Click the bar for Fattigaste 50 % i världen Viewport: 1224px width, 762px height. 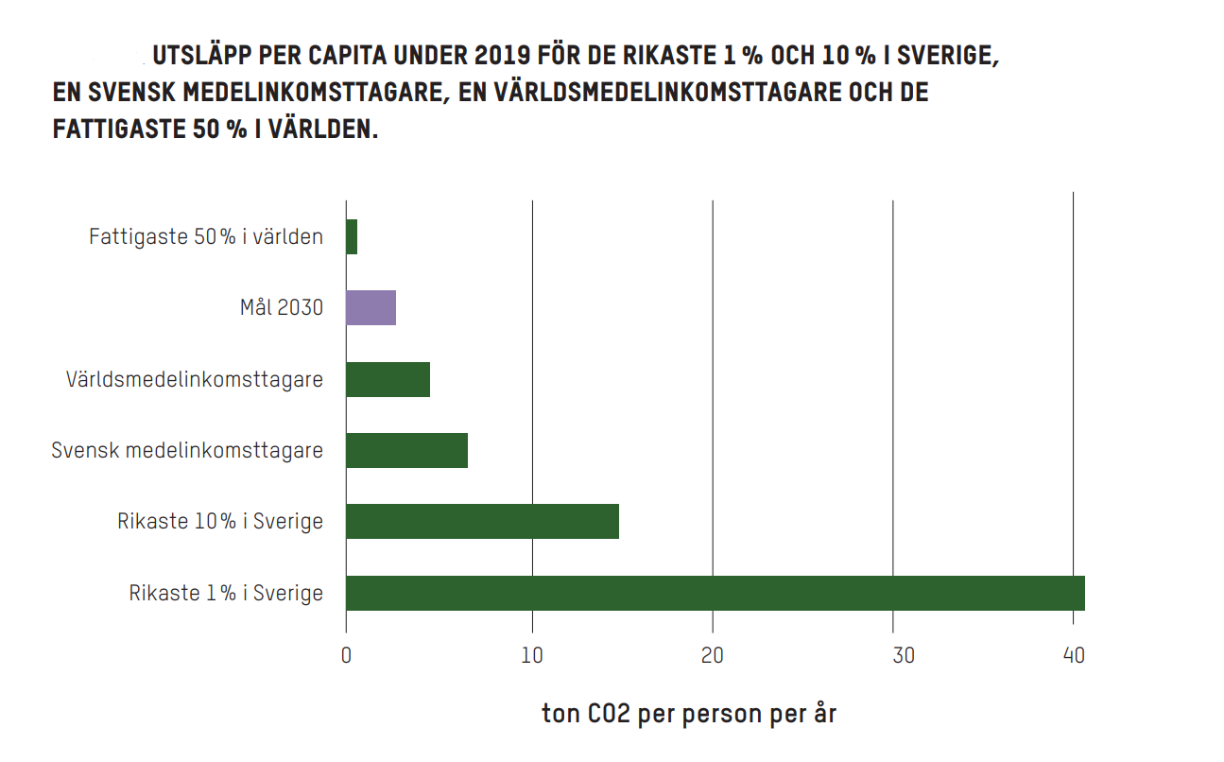[x=352, y=236]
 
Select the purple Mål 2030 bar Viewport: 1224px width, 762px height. [x=371, y=308]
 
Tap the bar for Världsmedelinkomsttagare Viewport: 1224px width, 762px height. [x=388, y=379]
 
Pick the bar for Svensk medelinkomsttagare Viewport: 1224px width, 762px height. [x=406, y=450]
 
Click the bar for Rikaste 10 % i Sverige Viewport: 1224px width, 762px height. [x=482, y=522]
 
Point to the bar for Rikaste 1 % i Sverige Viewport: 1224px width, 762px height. [x=715, y=593]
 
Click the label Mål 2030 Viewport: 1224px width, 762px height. [x=281, y=308]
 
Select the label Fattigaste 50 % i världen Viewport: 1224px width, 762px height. [x=206, y=236]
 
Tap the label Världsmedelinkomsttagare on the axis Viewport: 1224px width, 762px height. [x=195, y=379]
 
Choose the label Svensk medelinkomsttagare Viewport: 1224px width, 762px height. [x=187, y=450]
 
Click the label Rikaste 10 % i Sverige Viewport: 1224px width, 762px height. [x=220, y=522]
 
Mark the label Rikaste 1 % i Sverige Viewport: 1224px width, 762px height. [x=226, y=593]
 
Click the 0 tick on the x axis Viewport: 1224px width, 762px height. [x=347, y=654]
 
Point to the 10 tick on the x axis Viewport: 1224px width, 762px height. [x=532, y=654]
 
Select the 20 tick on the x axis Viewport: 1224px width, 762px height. [x=713, y=654]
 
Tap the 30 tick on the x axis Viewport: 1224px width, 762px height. [x=893, y=654]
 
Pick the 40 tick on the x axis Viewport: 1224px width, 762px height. [x=1074, y=654]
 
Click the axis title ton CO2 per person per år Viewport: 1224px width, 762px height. [x=689, y=714]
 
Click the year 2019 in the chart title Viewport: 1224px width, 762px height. [x=504, y=57]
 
